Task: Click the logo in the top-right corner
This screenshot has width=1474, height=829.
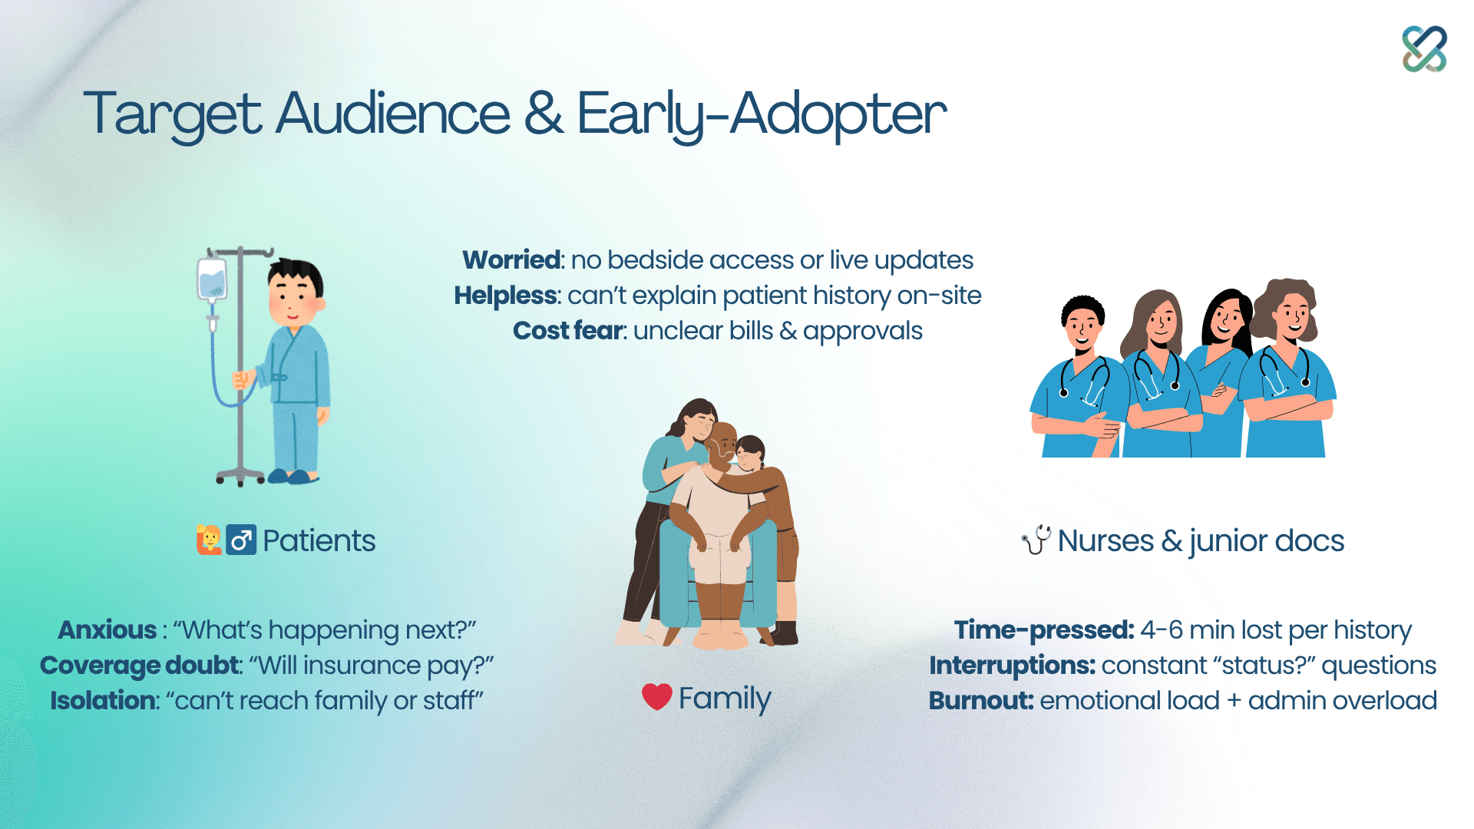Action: (x=1424, y=49)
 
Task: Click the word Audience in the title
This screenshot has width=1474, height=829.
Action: (x=392, y=114)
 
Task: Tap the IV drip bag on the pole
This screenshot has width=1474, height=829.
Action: (x=211, y=279)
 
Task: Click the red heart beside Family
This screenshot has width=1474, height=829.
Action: (x=656, y=697)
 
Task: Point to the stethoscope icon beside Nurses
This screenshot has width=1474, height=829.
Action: (x=1036, y=540)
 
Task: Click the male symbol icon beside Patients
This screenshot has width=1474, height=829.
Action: (x=241, y=540)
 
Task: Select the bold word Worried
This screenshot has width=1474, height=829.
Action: (x=512, y=260)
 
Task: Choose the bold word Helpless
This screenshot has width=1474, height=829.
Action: (x=505, y=296)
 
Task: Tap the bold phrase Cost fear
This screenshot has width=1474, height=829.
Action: (x=567, y=331)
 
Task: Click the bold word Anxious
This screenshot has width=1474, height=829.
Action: (x=107, y=630)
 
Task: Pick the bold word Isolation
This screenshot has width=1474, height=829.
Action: (x=103, y=701)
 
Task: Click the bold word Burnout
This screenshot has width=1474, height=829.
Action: (x=981, y=701)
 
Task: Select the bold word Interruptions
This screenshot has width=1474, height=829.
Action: (x=1012, y=666)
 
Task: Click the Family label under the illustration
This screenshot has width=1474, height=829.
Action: (x=725, y=699)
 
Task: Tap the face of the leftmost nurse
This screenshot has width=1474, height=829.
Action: (x=1083, y=326)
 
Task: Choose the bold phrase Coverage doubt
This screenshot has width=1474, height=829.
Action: (x=140, y=666)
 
